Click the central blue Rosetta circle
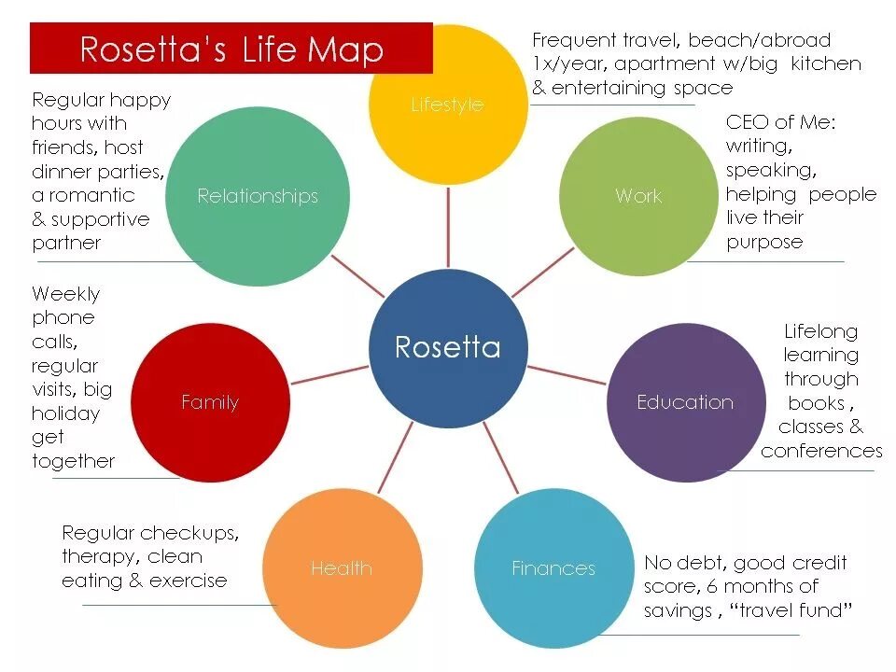click(448, 347)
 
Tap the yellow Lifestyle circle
click(448, 105)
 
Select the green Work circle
click(638, 196)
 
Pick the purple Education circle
click(686, 402)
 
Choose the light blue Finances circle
click(553, 567)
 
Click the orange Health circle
click(342, 567)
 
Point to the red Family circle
click(210, 402)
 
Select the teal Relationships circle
click(258, 196)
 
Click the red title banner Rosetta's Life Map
click(231, 49)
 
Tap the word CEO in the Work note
click(748, 122)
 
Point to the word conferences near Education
click(821, 451)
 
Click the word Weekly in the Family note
click(65, 294)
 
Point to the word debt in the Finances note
click(701, 563)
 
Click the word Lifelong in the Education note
click(820, 331)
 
